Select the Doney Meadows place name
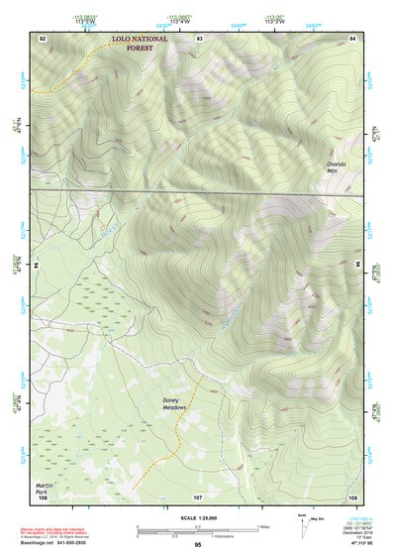(x=176, y=407)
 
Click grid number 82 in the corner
(x=42, y=37)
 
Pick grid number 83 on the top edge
(x=199, y=37)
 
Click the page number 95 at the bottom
(x=198, y=546)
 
